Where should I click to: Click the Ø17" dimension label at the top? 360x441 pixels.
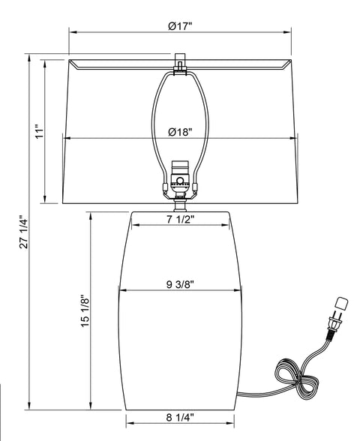(x=180, y=26)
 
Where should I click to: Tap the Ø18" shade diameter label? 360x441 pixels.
(x=180, y=132)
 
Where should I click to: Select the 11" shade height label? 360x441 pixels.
(x=40, y=133)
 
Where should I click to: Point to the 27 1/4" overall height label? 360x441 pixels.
(x=24, y=232)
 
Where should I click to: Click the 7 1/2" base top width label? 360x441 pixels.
(x=180, y=219)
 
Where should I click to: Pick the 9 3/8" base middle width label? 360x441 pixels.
(x=180, y=284)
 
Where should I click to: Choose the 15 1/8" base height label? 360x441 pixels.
(x=85, y=311)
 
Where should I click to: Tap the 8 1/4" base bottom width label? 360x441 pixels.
(x=180, y=417)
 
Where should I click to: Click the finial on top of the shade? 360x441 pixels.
(x=180, y=63)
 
